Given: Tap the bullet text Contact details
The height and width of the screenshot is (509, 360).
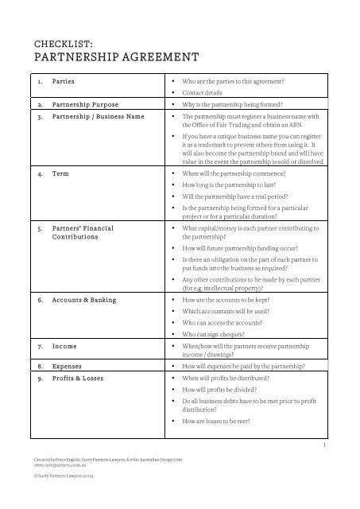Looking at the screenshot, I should [207, 93].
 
